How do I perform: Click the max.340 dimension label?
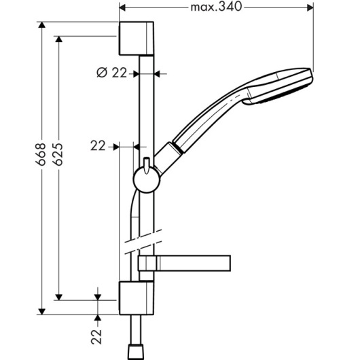pyautogui.click(x=216, y=7)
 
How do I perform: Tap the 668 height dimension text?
pyautogui.click(x=41, y=154)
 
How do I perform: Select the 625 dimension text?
pyautogui.click(x=58, y=154)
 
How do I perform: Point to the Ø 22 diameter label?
pyautogui.click(x=111, y=73)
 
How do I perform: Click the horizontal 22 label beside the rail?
pyautogui.click(x=98, y=146)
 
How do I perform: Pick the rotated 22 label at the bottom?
pyautogui.click(x=96, y=337)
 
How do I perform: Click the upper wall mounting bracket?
pyautogui.click(x=137, y=39)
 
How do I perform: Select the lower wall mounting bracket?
pyautogui.click(x=137, y=298)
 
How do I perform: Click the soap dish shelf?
pyautogui.click(x=184, y=263)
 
